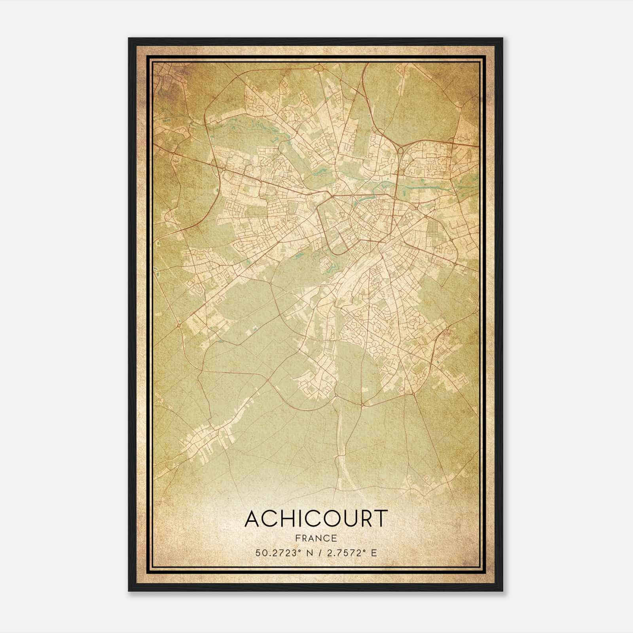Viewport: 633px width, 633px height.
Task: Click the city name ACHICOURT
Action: coord(315,519)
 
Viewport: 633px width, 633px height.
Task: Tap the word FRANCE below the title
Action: coord(316,538)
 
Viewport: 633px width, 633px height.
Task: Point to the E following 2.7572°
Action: coord(374,553)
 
